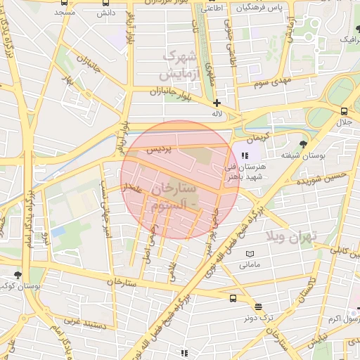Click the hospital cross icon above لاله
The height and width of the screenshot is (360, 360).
[x=217, y=103]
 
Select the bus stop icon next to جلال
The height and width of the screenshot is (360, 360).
[x=344, y=111]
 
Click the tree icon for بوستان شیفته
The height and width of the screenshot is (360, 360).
[x=302, y=144]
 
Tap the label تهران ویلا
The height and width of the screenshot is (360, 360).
[x=293, y=236]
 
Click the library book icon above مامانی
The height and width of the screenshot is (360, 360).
[x=249, y=254]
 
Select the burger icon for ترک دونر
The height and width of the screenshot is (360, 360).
[x=258, y=307]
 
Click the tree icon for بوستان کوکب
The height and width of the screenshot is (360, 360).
[x=18, y=275]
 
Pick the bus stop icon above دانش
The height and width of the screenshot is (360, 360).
[x=105, y=3]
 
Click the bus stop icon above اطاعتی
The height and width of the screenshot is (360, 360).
[x=212, y=3]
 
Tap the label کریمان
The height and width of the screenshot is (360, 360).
[x=259, y=134]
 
